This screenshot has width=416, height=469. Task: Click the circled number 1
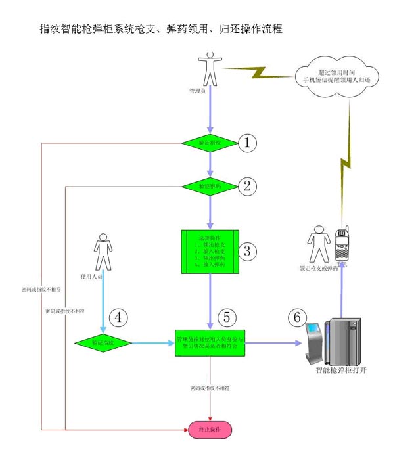click(247, 143)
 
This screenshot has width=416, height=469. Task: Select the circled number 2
click(247, 185)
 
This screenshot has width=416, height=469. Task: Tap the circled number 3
click(247, 250)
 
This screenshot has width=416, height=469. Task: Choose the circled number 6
click(298, 316)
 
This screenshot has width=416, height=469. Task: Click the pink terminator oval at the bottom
click(210, 430)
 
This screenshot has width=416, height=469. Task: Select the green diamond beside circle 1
click(210, 143)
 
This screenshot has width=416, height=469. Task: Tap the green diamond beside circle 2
click(210, 186)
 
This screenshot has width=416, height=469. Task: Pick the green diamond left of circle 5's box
click(103, 343)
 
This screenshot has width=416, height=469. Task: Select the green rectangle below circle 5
click(210, 343)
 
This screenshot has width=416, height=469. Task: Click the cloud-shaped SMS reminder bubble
click(337, 76)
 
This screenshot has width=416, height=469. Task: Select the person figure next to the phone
click(319, 244)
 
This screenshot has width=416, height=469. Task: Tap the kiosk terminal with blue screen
click(313, 342)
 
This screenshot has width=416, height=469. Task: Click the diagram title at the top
click(161, 29)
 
